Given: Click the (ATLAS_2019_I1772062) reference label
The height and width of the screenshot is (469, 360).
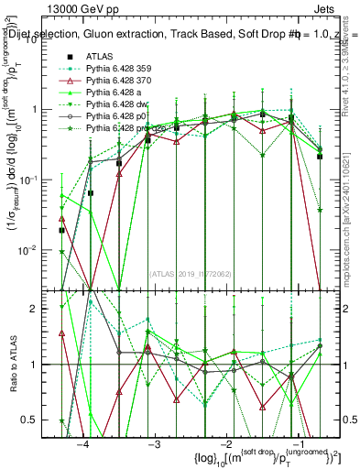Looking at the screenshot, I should [190, 272].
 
